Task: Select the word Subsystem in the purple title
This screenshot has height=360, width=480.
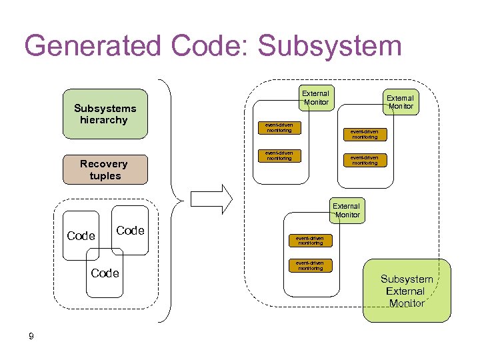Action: point(329,47)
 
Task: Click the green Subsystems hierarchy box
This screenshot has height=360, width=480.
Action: point(105,114)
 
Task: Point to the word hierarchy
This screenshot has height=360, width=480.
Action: point(103,121)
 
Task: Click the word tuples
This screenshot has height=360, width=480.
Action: point(105,176)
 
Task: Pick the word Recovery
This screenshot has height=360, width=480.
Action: point(103,164)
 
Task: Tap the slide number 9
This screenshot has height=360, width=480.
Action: point(31,336)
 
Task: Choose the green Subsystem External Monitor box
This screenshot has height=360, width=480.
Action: point(407,290)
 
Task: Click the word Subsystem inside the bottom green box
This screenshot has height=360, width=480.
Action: point(407,279)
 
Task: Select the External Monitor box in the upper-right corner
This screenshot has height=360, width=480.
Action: point(400,101)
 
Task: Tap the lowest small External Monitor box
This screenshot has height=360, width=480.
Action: point(346,210)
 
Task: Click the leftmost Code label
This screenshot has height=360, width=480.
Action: point(81,235)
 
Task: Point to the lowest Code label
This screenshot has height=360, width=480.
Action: point(105,273)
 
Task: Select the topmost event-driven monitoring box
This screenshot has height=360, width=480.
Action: point(279,127)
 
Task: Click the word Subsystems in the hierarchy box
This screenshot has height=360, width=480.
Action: point(105,108)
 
